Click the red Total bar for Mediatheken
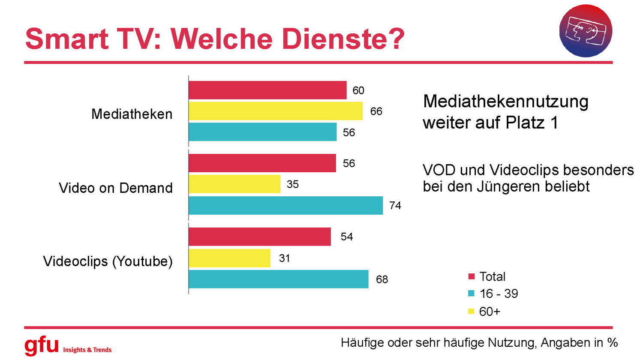point(267,90)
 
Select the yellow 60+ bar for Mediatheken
point(276,111)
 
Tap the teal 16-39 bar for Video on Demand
point(285,205)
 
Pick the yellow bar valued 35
point(234,184)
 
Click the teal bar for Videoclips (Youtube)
point(279,279)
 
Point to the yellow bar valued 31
point(229,258)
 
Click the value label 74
point(395,206)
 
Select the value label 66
point(376,111)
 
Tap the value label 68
point(382,279)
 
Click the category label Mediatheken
point(132,114)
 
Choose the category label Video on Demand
point(116,188)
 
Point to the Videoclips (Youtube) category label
point(108,261)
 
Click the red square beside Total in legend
point(472,276)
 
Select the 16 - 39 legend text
point(499,294)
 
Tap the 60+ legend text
point(490,312)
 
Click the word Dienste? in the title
point(343,39)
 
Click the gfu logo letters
point(41,345)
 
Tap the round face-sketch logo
point(586,31)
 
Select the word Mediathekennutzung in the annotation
point(506,102)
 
